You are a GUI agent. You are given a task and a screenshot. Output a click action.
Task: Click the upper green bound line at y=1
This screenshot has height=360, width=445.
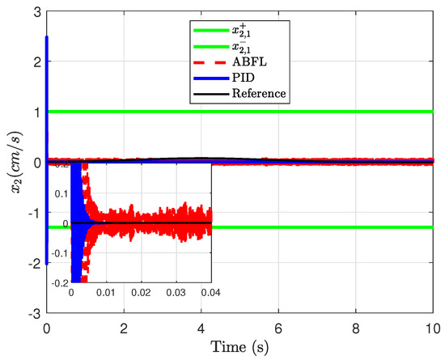[324, 112]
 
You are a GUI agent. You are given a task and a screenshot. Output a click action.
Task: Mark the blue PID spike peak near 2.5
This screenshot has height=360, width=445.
[47, 37]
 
